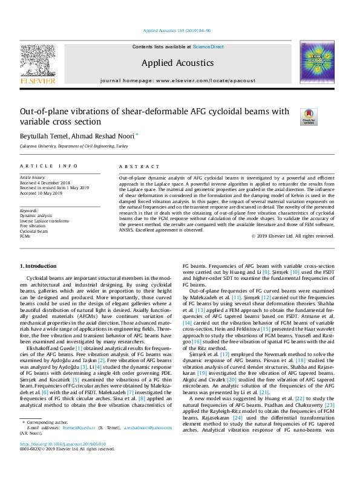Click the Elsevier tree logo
(x=38, y=63)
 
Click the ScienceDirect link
(x=208, y=47)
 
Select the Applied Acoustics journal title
(x=177, y=63)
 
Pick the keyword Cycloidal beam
(x=35, y=231)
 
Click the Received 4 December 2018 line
(x=45, y=183)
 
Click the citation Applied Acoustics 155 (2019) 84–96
(x=177, y=30)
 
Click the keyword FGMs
(x=26, y=236)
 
